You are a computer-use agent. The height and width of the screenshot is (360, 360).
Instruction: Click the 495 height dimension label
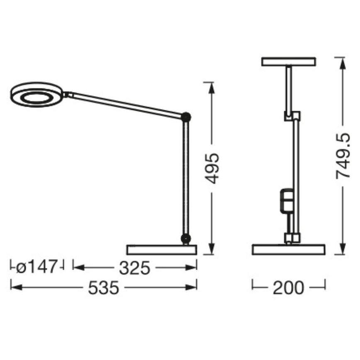[x=211, y=168]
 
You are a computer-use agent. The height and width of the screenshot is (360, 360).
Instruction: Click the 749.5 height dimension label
[x=343, y=156]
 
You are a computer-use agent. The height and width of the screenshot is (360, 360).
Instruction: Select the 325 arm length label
[x=134, y=268]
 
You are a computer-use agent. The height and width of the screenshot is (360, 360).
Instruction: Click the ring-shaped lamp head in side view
[x=36, y=95]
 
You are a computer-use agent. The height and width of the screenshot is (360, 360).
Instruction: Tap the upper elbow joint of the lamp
[x=186, y=117]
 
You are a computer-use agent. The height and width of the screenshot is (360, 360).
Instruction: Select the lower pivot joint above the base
[x=186, y=238]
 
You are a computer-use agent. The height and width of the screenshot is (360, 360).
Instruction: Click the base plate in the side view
[x=161, y=250]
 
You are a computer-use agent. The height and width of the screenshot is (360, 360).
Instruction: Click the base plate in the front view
[x=289, y=250]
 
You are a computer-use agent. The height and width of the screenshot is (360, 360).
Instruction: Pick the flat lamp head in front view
[x=289, y=62]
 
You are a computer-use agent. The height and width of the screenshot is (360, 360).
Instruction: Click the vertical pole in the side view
[x=186, y=178]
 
